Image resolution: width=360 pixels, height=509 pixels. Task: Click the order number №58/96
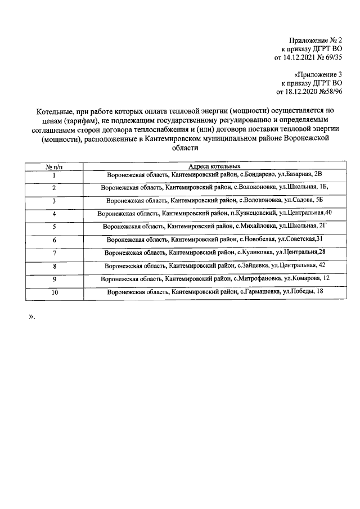pos(331,91)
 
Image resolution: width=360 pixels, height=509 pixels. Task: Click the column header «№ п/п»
pos(54,166)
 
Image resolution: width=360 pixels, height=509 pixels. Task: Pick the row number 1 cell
pos(54,175)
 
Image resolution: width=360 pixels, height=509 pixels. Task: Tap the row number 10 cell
pos(54,292)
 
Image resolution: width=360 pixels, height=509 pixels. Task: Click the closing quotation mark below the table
pos(31,316)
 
